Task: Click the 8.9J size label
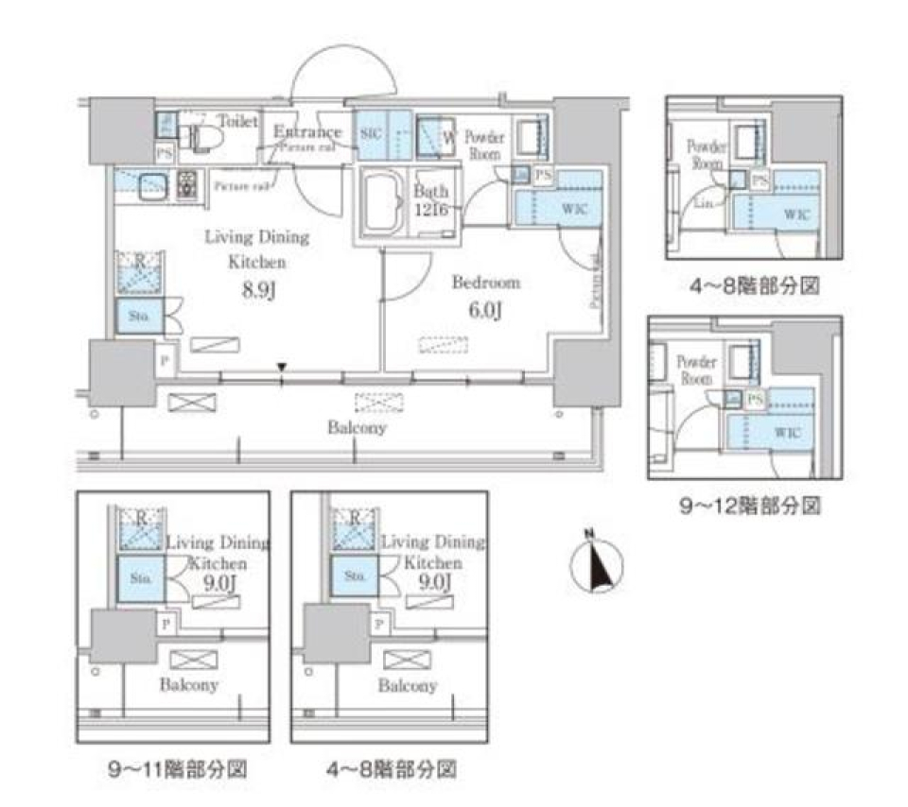257,290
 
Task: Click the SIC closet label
370,133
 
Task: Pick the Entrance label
306,132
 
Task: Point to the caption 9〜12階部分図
750,507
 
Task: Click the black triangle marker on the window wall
282,369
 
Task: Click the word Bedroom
485,283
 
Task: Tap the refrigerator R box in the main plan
139,268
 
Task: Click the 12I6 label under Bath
429,212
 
